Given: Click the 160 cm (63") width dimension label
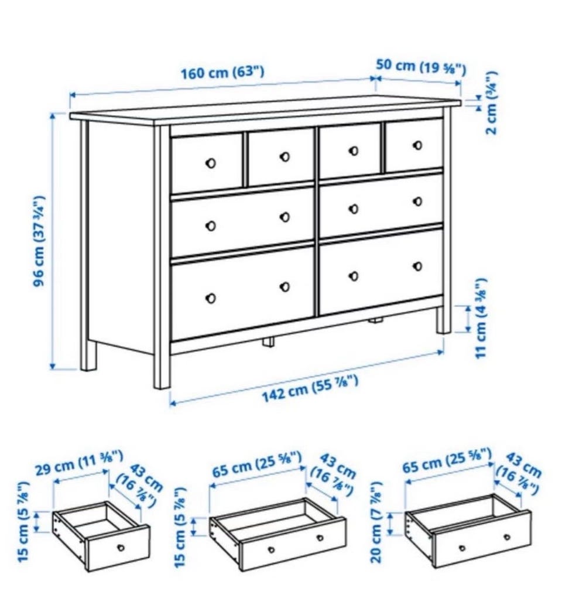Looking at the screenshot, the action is click(x=222, y=73).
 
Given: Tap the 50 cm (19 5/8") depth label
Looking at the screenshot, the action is click(x=421, y=67).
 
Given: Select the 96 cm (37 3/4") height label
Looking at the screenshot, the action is click(x=39, y=241).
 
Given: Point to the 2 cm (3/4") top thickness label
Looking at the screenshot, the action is click(x=491, y=102).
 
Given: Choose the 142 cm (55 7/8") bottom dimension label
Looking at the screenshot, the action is click(x=310, y=389).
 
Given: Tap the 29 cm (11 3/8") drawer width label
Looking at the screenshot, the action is click(x=79, y=463).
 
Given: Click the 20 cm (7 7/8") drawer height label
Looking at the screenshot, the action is click(x=376, y=528).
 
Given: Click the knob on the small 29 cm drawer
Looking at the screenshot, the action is click(x=121, y=548).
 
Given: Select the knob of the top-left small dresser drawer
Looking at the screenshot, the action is click(x=210, y=163).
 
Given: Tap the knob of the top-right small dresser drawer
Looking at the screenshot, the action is click(x=418, y=145).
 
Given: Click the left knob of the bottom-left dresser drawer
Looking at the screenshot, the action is click(x=210, y=299).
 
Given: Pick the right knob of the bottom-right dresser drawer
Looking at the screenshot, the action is click(x=418, y=266).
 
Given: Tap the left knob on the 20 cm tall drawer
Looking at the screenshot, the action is click(x=462, y=548).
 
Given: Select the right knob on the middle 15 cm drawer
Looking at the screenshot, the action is click(x=320, y=538).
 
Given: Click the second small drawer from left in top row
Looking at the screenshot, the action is click(x=280, y=156).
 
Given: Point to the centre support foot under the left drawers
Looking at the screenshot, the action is click(x=269, y=341).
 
